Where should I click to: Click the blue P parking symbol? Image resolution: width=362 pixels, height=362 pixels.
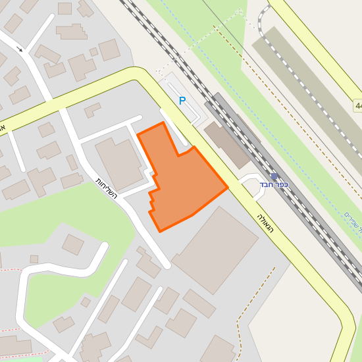[x=182, y=101]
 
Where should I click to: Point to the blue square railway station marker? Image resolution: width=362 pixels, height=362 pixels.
[x=274, y=176]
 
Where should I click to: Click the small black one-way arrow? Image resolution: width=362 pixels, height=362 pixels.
[x=20, y=49]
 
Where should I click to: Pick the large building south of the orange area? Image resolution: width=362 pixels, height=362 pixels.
[x=215, y=250]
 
